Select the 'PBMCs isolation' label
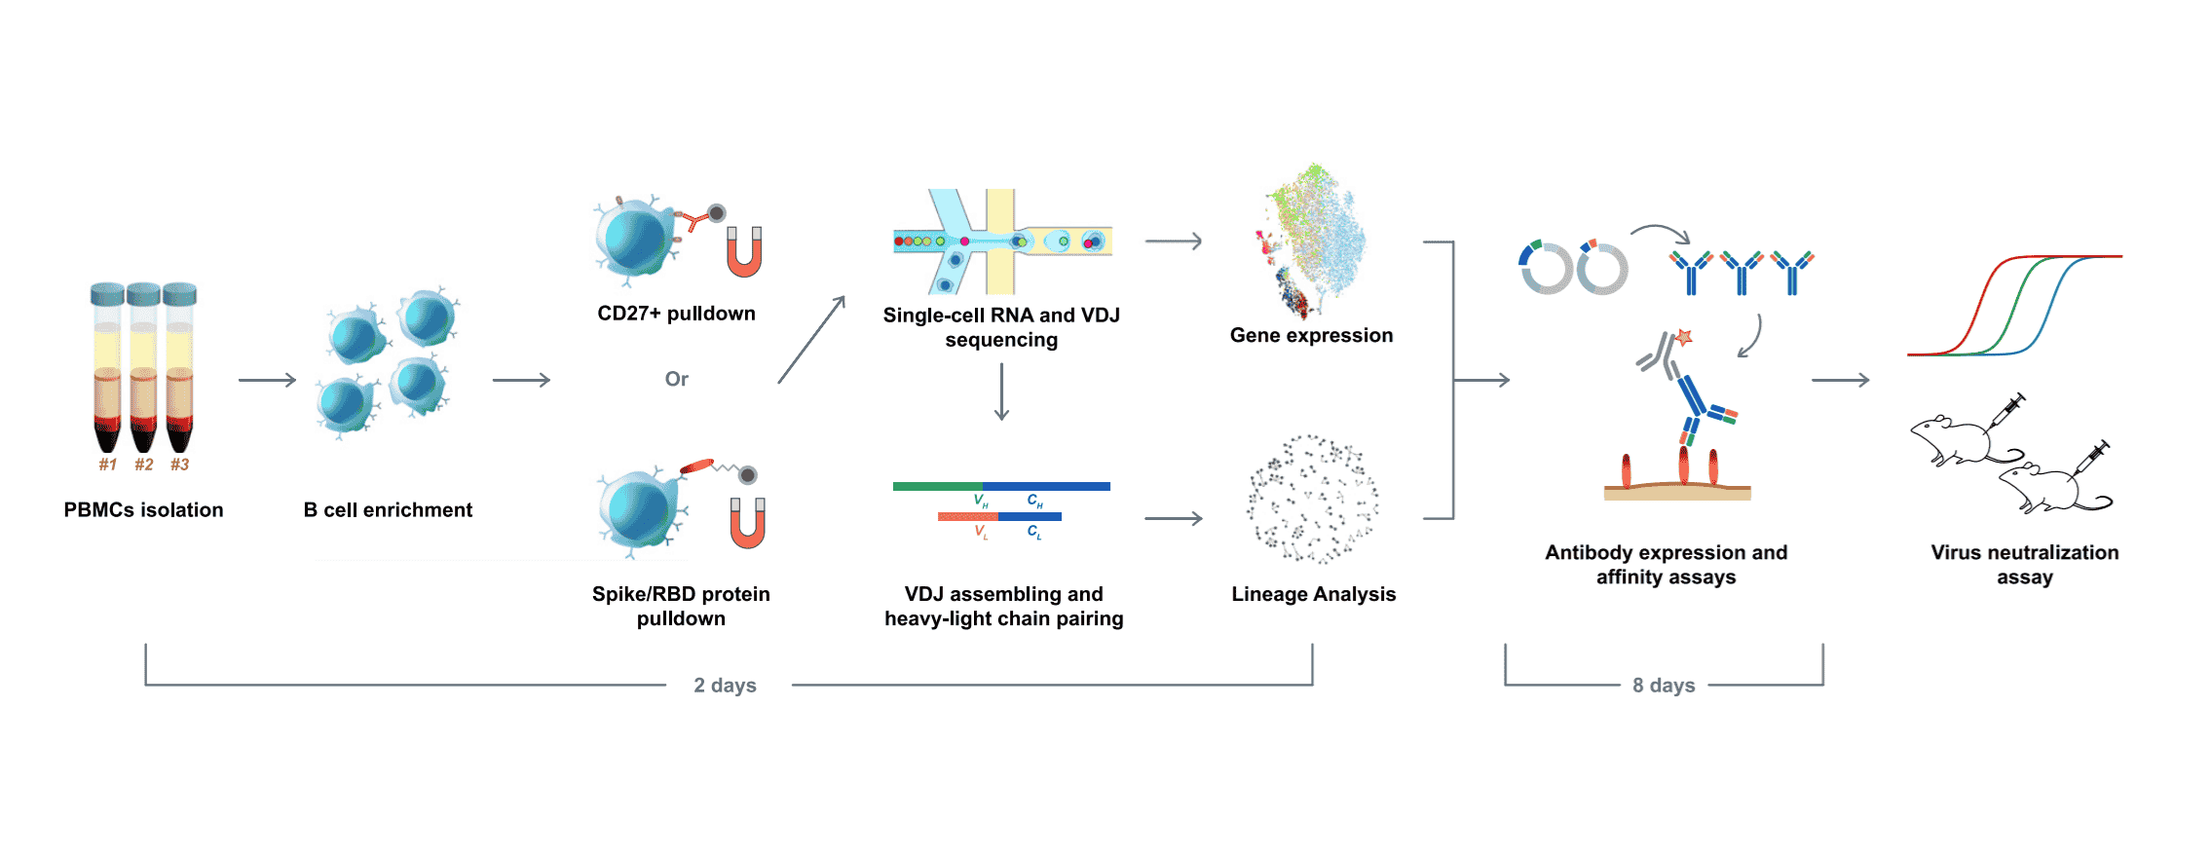(x=143, y=509)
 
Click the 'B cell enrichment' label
(x=388, y=509)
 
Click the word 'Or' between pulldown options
(x=676, y=379)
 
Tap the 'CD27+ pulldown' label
(x=676, y=314)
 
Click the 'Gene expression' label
(x=1311, y=335)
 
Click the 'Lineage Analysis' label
(x=1313, y=594)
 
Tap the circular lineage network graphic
(x=1312, y=500)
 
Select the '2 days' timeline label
(x=725, y=686)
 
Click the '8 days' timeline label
(x=1664, y=686)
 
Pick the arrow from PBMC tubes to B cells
(x=267, y=380)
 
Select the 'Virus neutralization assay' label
(x=2024, y=565)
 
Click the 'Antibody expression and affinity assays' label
(x=1666, y=565)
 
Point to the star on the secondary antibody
(x=1684, y=338)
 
